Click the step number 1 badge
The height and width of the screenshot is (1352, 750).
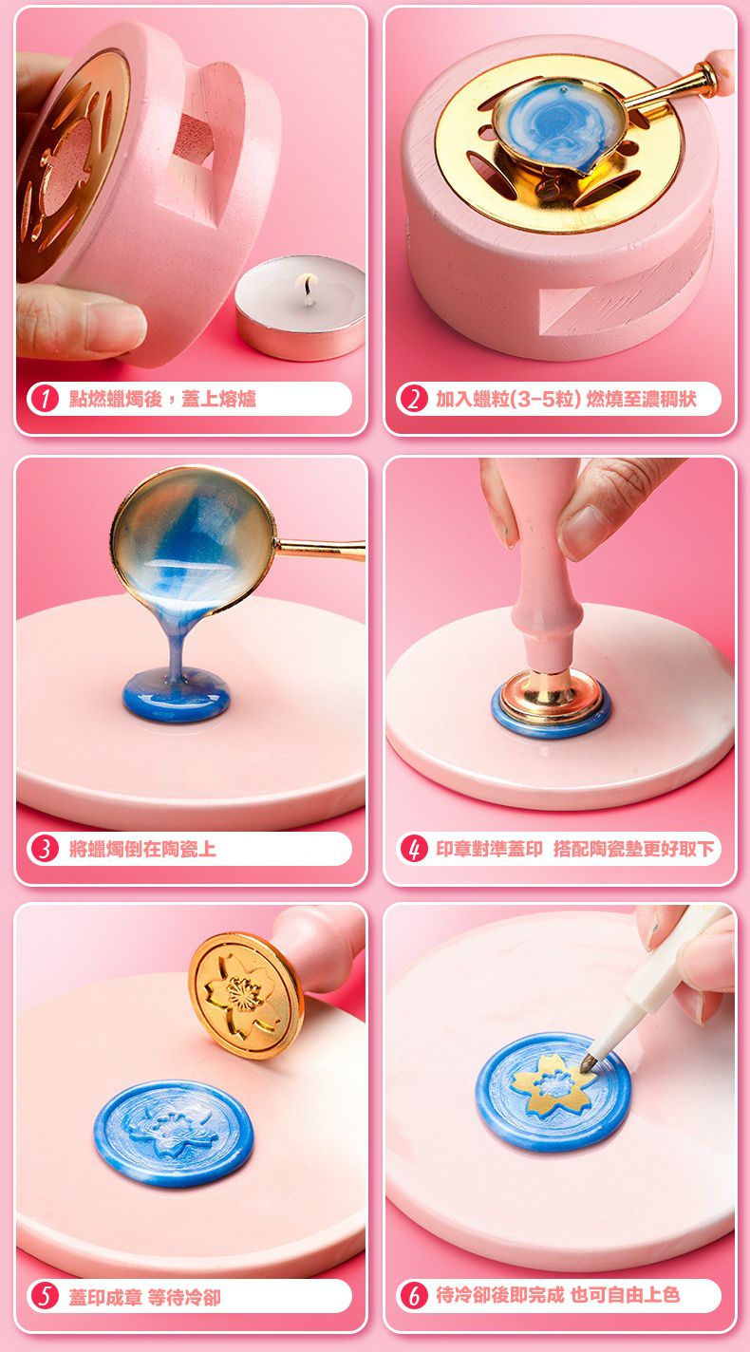click(x=44, y=399)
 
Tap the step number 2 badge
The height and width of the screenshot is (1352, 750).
click(x=413, y=399)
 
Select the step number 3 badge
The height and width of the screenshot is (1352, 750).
click(x=44, y=849)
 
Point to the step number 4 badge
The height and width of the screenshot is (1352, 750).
click(x=413, y=849)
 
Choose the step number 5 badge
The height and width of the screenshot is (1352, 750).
click(x=44, y=1296)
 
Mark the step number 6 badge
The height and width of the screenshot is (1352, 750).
click(x=413, y=1296)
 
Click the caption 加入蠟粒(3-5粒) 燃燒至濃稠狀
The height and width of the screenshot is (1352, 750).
click(x=566, y=399)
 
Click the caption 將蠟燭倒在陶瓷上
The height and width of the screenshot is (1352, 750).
click(x=142, y=849)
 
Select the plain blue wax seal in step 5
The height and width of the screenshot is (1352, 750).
click(x=174, y=1134)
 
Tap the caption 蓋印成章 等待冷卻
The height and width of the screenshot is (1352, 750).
click(x=145, y=1296)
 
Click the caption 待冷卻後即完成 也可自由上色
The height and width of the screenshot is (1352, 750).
click(x=557, y=1295)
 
